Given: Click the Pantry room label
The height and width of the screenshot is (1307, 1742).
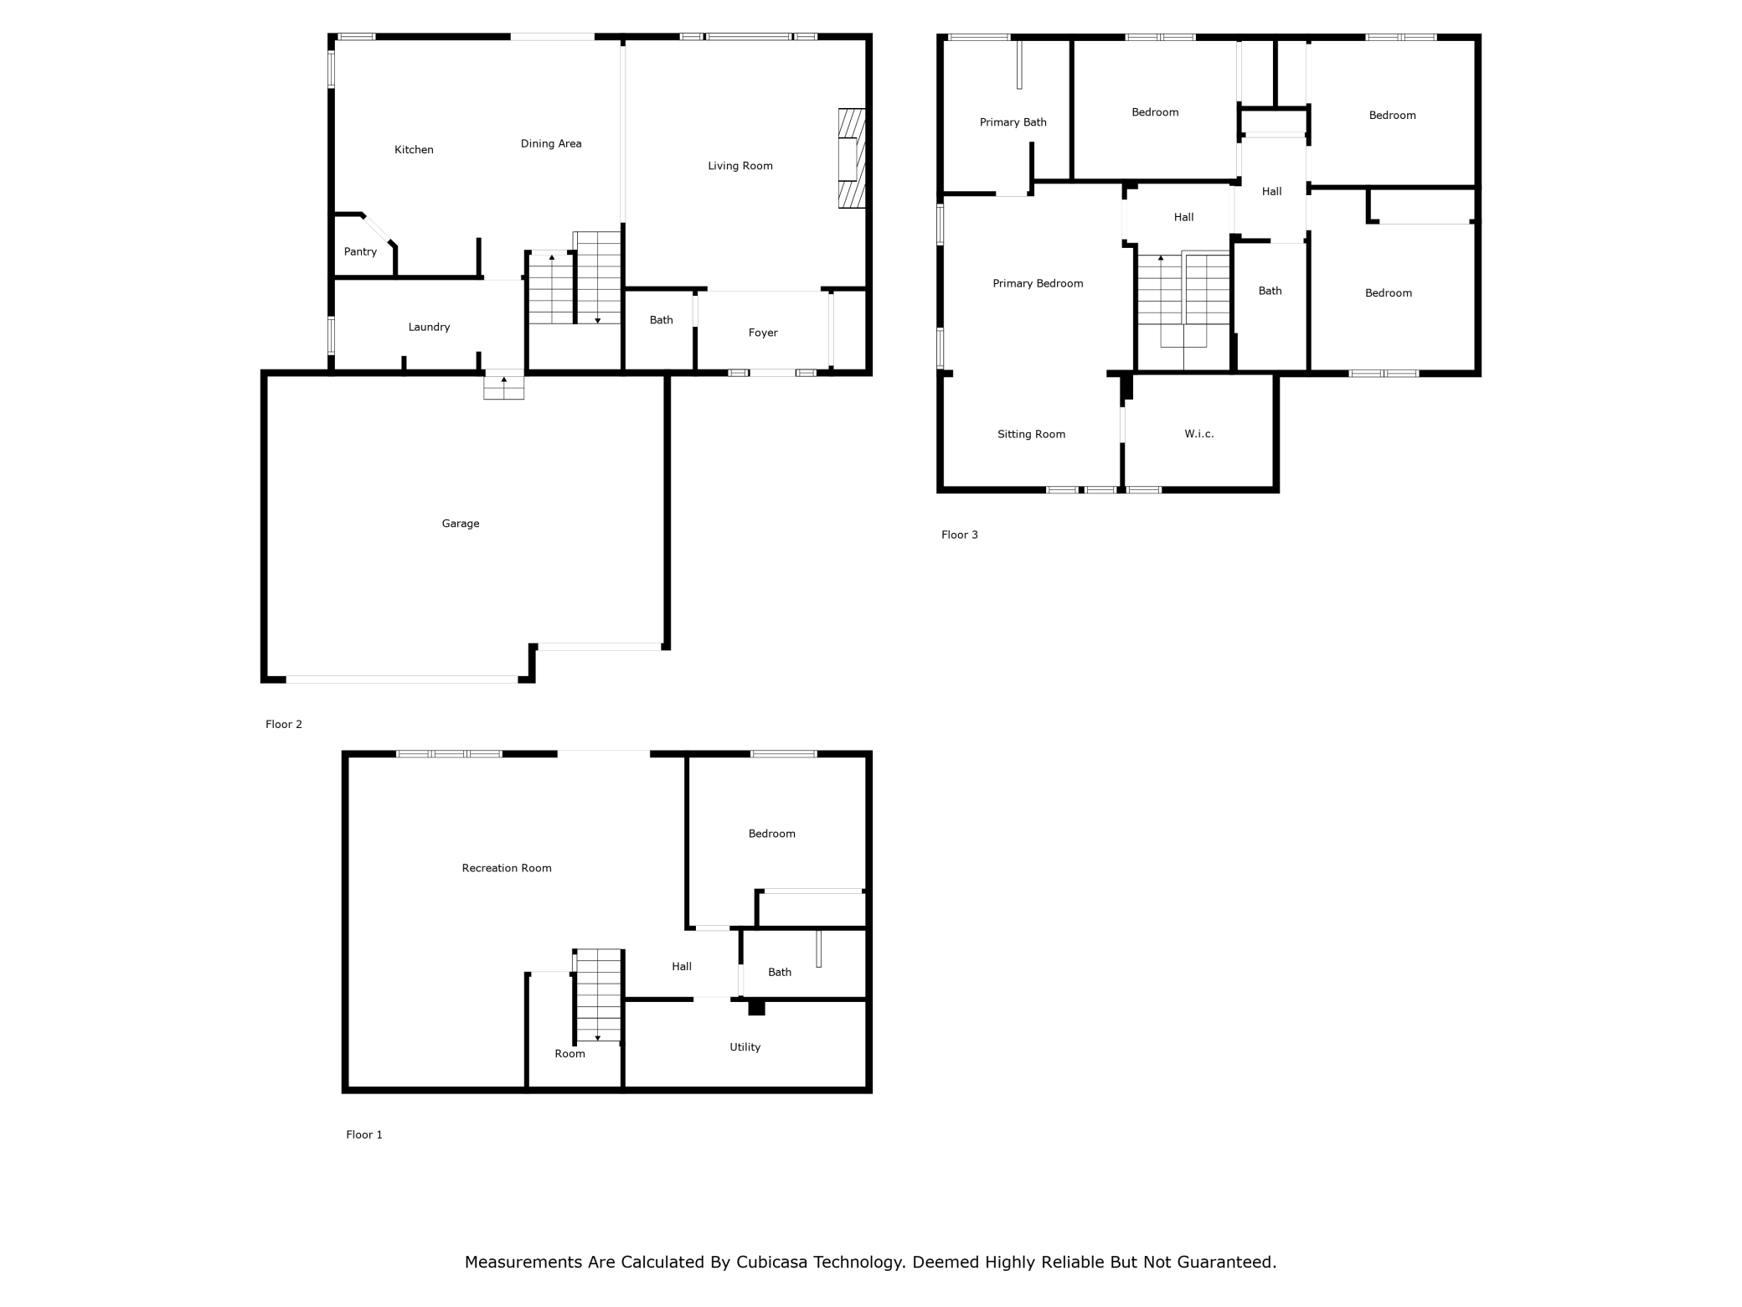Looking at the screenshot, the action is point(360,252).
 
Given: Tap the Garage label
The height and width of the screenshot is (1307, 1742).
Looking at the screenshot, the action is point(461,524).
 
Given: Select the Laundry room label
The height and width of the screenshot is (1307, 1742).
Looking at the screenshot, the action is point(429,328).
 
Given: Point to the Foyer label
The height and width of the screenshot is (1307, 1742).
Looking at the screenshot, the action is point(763,333).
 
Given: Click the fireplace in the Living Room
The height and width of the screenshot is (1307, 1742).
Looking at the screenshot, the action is point(852,158).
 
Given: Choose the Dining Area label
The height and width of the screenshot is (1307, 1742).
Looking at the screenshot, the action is point(551,144).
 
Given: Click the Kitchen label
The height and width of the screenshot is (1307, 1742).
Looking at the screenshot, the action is point(414,150).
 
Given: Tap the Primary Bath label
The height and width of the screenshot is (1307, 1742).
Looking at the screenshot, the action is point(1013,122).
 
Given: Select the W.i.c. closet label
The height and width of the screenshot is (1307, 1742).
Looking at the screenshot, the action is point(1199,434).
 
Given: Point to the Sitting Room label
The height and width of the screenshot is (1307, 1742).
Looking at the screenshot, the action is point(1031,435).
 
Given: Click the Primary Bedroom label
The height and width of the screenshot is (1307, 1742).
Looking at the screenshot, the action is point(1038,284).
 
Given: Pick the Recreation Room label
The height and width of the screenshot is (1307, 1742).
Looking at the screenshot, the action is point(507,869).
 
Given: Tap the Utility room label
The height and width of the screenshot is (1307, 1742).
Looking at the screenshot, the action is point(745,1047).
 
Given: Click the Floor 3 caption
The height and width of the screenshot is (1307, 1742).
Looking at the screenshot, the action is point(959,535).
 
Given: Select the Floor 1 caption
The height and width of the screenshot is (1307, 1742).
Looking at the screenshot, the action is point(364,1135).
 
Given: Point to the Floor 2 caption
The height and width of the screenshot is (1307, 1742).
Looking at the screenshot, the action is point(284,725).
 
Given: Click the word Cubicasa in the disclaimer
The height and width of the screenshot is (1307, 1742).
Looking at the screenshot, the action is point(772,1263).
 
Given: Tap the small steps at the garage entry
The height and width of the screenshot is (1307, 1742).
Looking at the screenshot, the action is point(504,386).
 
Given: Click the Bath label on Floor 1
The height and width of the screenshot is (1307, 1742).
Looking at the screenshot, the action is point(780,973).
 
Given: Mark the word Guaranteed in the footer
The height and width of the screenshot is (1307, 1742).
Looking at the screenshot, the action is point(1227,1263).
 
